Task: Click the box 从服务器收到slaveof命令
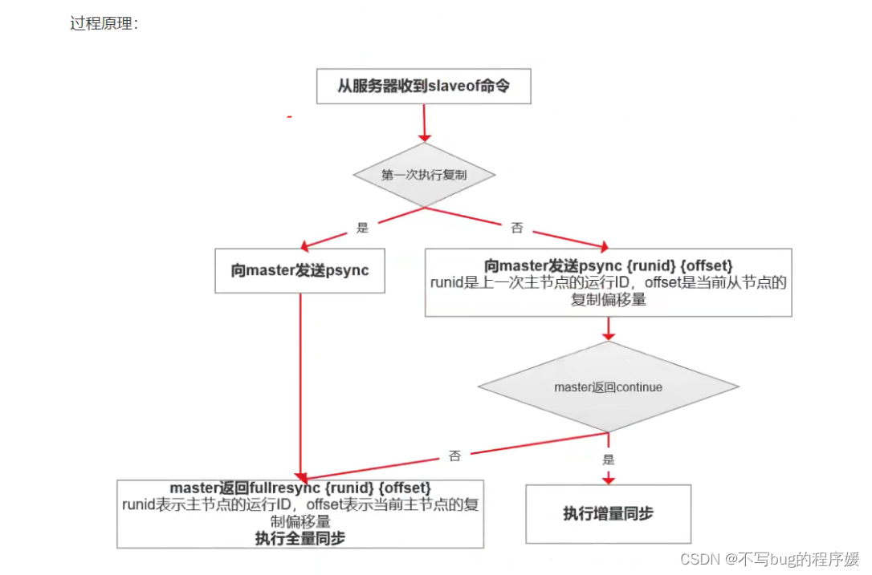(423, 86)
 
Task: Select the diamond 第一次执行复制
(424, 175)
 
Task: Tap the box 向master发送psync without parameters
(299, 270)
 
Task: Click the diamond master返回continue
(608, 387)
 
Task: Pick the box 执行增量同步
(608, 513)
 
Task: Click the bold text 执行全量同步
(300, 538)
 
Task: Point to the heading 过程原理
(104, 23)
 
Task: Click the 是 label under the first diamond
(362, 228)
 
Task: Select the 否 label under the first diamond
(517, 228)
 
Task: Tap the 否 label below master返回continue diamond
(454, 456)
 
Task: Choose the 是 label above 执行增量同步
(608, 460)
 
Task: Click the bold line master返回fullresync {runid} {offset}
(300, 488)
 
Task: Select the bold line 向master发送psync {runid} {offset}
(608, 265)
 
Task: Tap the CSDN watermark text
(769, 558)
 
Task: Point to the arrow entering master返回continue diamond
(608, 328)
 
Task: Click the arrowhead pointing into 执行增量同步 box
(608, 478)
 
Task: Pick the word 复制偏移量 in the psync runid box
(608, 301)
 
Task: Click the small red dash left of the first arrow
(289, 117)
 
